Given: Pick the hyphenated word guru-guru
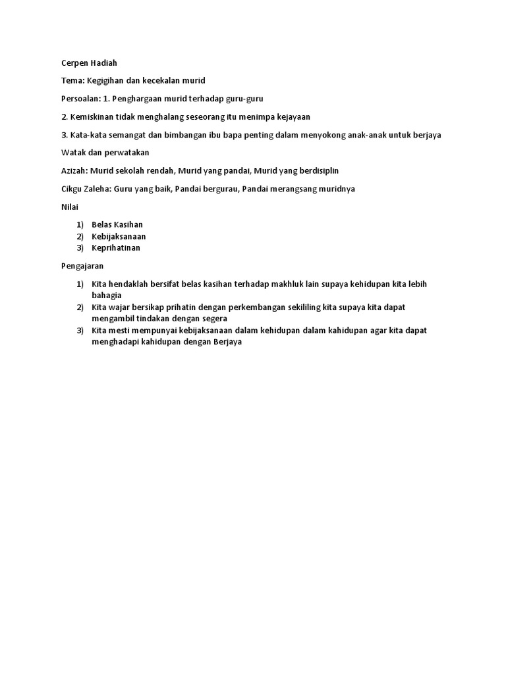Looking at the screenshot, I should pyautogui.click(x=244, y=99).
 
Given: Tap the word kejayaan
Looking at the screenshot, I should pyautogui.click(x=290, y=117).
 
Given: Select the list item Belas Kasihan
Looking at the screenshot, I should pyautogui.click(x=117, y=224).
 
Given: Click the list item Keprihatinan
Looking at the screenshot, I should pyautogui.click(x=115, y=248).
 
